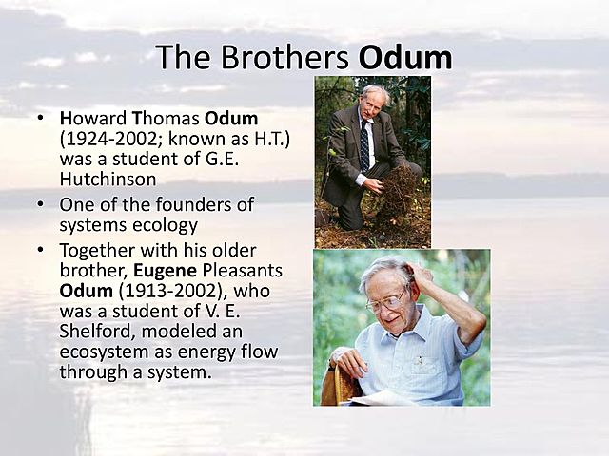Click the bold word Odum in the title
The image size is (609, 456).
[404, 57]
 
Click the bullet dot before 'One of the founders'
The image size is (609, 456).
[40, 204]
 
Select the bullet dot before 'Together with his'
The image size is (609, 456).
[40, 252]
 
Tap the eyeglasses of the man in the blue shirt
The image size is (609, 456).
[384, 303]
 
